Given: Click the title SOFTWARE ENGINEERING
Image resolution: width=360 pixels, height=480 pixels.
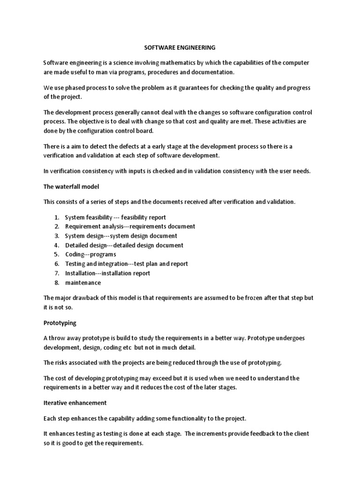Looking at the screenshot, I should [180, 47].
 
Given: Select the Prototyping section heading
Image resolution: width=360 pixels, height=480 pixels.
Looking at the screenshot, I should [60, 323].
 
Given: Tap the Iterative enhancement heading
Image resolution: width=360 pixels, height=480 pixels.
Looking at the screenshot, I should [75, 403].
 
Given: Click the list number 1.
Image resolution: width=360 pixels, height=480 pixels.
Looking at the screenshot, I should [56, 217].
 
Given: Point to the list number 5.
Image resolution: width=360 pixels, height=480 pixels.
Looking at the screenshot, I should [56, 255].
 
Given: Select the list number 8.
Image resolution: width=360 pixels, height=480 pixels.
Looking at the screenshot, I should [56, 283].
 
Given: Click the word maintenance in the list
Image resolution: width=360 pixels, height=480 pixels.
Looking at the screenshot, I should [82, 283].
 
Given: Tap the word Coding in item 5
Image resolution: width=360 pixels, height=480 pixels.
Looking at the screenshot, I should [74, 255].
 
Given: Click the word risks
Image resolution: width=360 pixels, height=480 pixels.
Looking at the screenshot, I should [63, 362].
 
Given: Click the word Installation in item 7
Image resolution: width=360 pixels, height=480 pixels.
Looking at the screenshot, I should [80, 273].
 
